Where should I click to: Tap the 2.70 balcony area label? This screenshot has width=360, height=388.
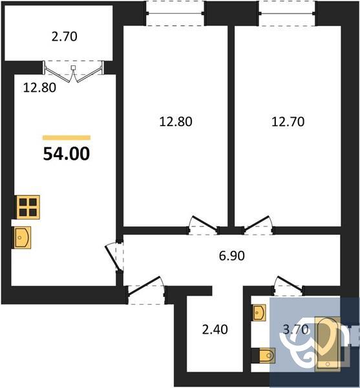(x=64, y=36)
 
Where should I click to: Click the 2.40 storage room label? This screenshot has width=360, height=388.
(x=215, y=330)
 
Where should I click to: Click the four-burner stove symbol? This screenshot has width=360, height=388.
(x=28, y=206)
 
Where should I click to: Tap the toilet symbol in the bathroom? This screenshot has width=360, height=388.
(x=265, y=355)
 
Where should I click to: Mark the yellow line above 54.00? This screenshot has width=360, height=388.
(x=67, y=138)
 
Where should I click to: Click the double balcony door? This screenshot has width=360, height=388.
(x=74, y=70)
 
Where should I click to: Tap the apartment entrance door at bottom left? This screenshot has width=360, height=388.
(x=143, y=287)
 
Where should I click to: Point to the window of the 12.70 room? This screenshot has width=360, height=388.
(x=287, y=11)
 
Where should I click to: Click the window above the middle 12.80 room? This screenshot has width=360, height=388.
(x=174, y=11)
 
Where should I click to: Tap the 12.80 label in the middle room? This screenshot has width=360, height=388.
(x=176, y=120)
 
